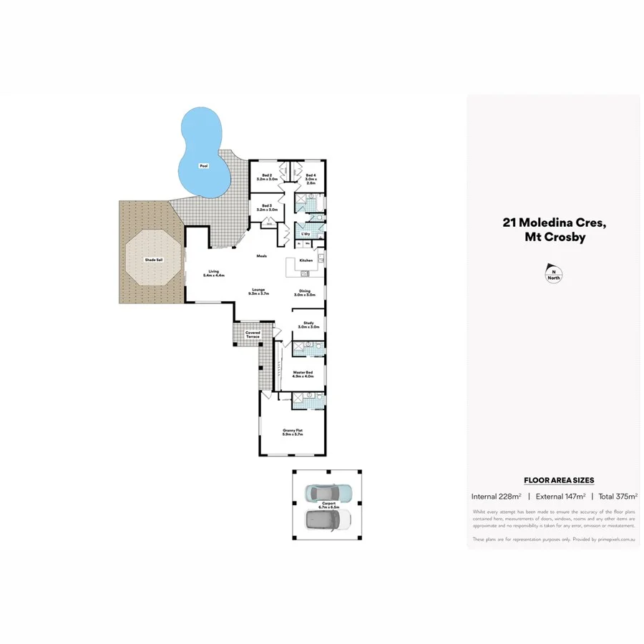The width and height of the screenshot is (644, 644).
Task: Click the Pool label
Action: tap(203, 166)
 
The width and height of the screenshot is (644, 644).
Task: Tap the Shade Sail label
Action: tap(153, 260)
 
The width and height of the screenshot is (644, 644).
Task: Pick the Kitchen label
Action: tap(306, 260)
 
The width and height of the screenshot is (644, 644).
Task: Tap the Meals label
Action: tap(262, 256)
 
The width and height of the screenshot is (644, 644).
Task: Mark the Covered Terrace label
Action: tap(253, 333)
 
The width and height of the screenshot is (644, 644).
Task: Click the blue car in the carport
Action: tap(328, 492)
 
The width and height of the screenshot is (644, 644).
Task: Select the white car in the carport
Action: tap(328, 519)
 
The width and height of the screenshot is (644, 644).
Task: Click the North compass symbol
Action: tap(552, 273)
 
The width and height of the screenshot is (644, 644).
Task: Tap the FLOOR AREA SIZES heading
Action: tap(559, 480)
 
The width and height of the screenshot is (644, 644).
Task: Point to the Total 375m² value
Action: tap(618, 496)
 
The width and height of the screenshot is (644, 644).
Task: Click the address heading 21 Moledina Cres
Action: tap(555, 223)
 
